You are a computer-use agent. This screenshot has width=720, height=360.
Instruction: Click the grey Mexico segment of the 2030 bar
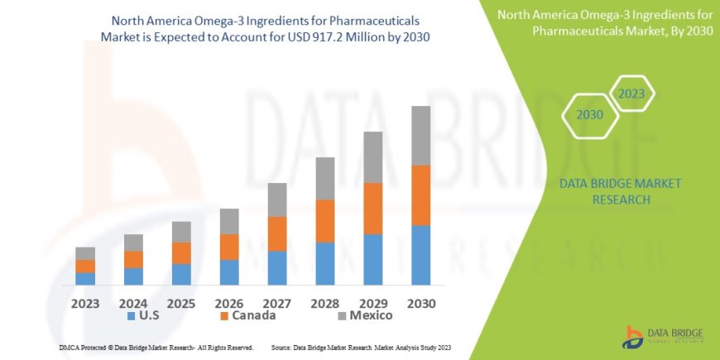pos(421,136)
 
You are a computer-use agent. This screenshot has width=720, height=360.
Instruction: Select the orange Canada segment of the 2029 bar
pos(373,209)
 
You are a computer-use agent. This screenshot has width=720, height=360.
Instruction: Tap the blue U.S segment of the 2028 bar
pos(325,263)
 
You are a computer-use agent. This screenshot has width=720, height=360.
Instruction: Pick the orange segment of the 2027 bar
pos(277,233)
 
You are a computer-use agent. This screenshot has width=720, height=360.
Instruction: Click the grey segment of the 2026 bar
pos(229,221)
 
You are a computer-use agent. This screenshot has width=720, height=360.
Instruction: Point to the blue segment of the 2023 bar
pos(85,279)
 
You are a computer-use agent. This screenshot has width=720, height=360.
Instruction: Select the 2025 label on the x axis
pos(181,303)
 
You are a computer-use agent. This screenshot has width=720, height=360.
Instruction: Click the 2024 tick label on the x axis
pos(133,303)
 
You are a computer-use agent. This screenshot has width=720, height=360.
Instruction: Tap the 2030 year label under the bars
pos(421,303)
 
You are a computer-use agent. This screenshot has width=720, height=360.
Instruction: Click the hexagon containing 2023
pos(631,94)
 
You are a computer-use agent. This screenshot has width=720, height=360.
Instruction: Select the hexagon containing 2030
pos(589,115)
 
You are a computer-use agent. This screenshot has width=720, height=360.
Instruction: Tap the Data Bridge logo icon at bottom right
pos(633,336)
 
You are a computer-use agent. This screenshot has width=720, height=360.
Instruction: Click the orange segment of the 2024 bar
pos(133,259)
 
